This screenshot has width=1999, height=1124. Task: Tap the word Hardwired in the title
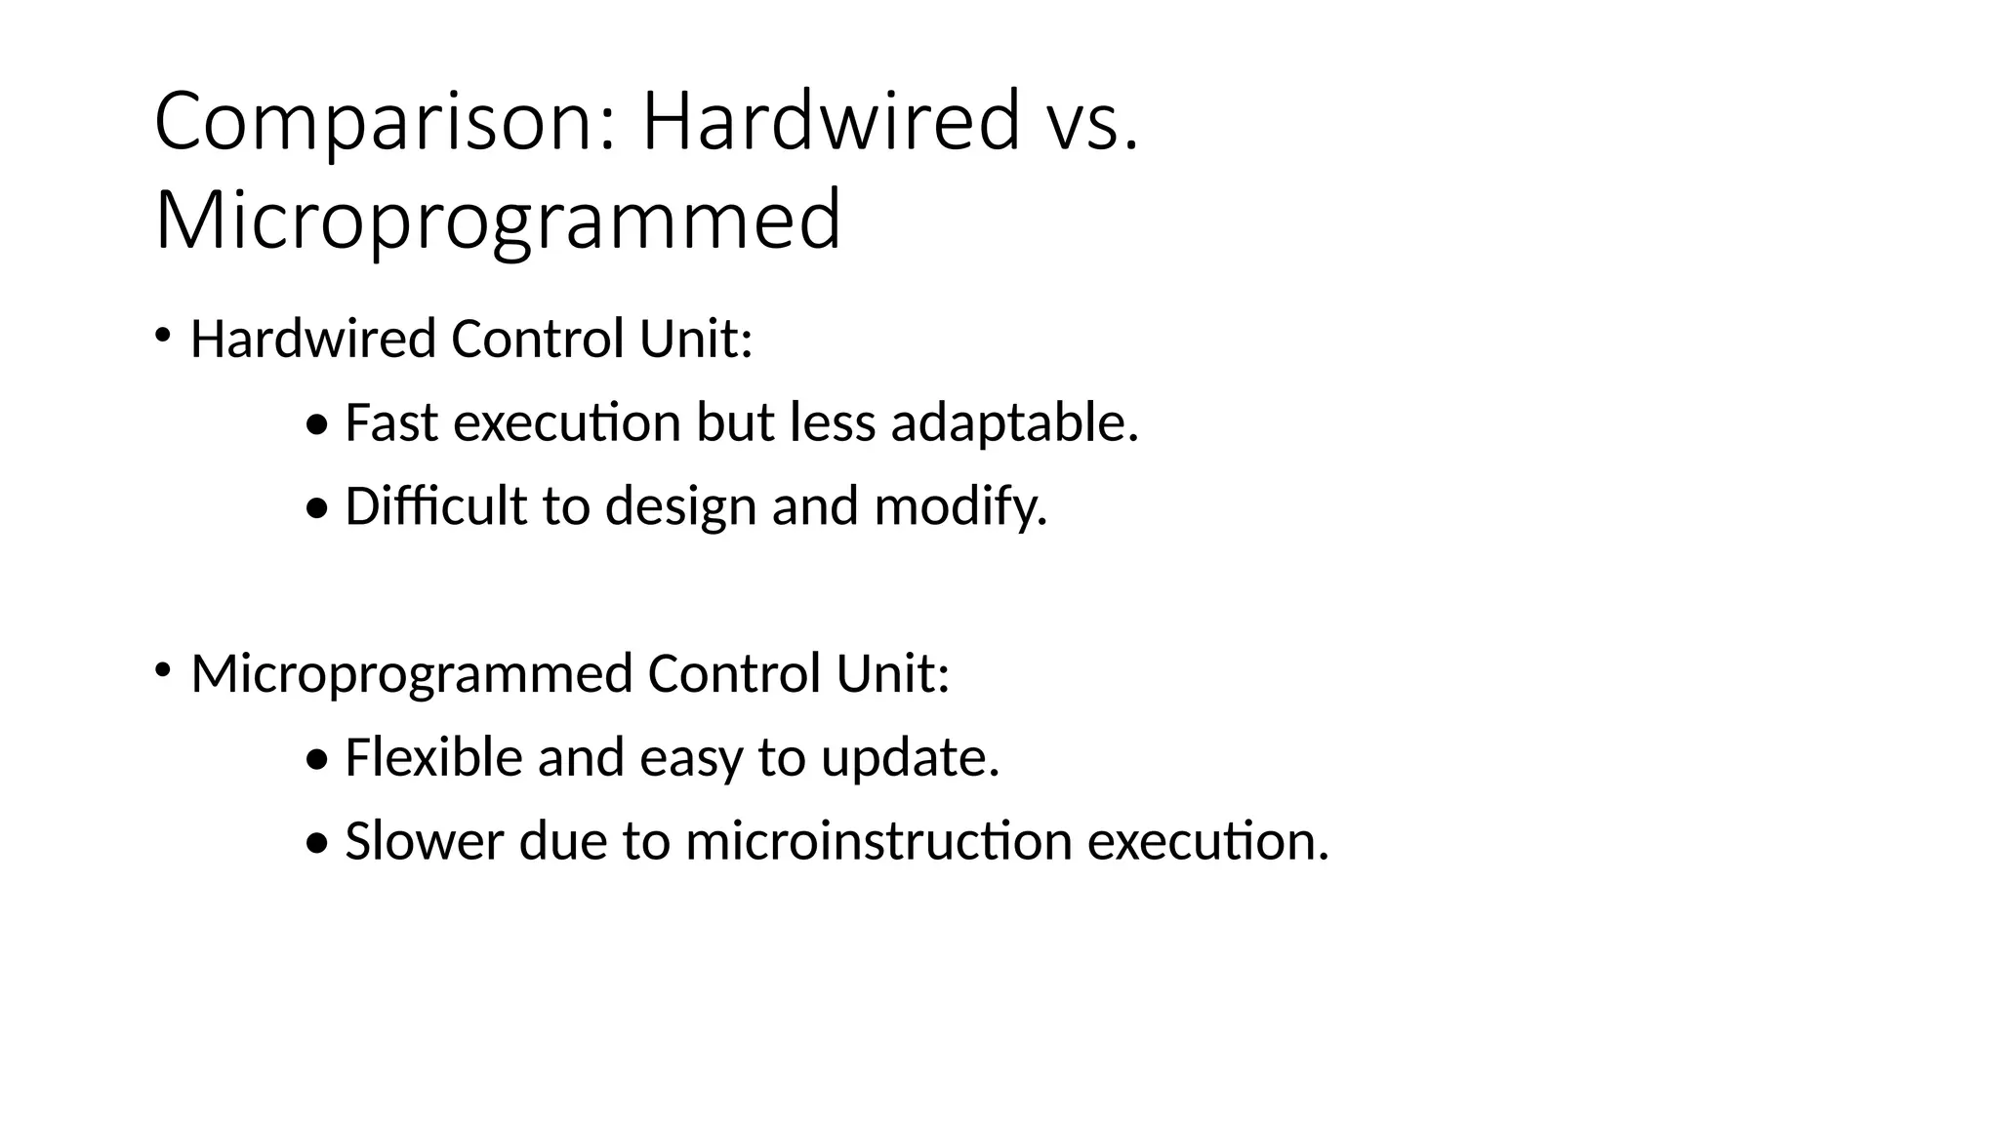tap(830, 121)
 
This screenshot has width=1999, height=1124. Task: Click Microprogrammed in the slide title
tap(498, 221)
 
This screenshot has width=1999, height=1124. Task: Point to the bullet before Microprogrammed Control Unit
tap(163, 670)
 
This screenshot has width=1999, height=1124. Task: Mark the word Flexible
tap(433, 757)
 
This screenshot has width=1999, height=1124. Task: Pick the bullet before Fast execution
tap(317, 425)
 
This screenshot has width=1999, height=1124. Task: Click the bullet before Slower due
tap(317, 843)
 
